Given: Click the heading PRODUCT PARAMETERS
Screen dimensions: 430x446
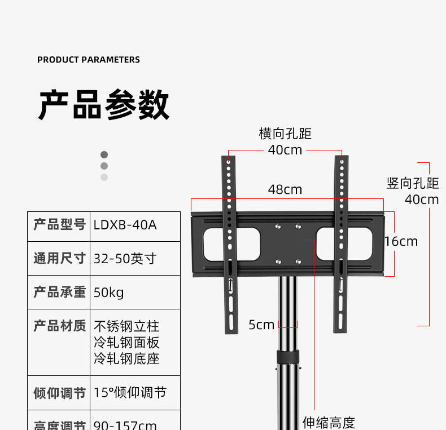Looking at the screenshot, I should pyautogui.click(x=89, y=60).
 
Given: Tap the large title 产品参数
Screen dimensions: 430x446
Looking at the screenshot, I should pyautogui.click(x=104, y=105).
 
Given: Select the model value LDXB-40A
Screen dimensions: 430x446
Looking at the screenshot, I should pyautogui.click(x=125, y=225).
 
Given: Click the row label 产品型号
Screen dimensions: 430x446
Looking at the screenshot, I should pyautogui.click(x=59, y=225).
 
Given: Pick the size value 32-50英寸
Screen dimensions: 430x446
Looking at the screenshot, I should pyautogui.click(x=125, y=259).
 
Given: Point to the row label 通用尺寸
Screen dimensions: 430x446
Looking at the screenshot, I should pyautogui.click(x=59, y=259).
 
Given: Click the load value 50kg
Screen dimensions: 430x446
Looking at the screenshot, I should pyautogui.click(x=108, y=292).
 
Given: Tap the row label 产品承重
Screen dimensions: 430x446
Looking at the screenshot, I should pyautogui.click(x=59, y=292).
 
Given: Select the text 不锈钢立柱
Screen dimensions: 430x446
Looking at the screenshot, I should pyautogui.click(x=126, y=326).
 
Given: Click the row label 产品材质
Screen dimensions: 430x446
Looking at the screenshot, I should pyautogui.click(x=59, y=326).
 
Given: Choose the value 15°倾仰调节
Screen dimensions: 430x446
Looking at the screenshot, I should pyautogui.click(x=130, y=393).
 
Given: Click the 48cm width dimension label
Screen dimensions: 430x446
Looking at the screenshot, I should pyautogui.click(x=285, y=190).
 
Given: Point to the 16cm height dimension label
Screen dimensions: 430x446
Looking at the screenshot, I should pyautogui.click(x=401, y=242).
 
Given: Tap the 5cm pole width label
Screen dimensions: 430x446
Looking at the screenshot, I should pyautogui.click(x=261, y=325).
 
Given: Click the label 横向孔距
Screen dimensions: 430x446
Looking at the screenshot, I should pyautogui.click(x=285, y=134).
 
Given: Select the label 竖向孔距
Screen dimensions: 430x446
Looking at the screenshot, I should pyautogui.click(x=413, y=183).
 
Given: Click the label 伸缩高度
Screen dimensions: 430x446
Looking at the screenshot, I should pyautogui.click(x=329, y=422).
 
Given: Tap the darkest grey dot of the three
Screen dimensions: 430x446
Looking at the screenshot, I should pyautogui.click(x=104, y=154).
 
